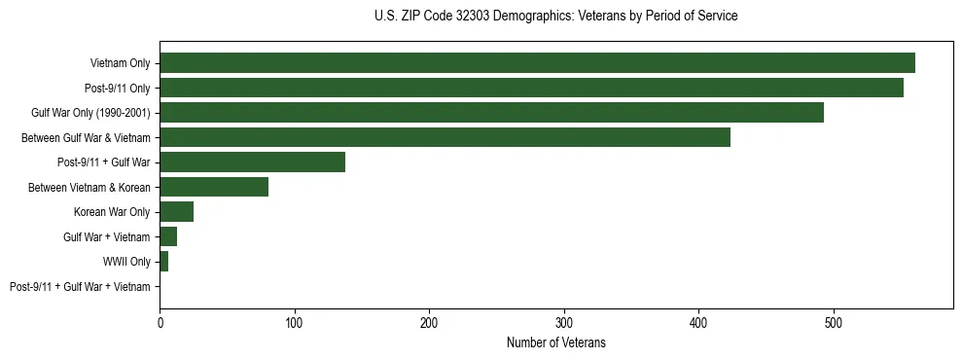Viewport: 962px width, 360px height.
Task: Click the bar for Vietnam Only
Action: click(x=537, y=63)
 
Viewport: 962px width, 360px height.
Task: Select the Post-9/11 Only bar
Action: click(x=531, y=88)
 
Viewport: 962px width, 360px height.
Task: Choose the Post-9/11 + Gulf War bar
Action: click(x=252, y=162)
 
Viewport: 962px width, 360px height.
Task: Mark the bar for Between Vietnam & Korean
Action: click(x=214, y=187)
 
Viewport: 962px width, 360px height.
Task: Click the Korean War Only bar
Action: click(x=176, y=212)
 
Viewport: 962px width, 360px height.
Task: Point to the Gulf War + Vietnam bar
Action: click(x=168, y=236)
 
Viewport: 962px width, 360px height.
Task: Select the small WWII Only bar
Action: click(x=163, y=262)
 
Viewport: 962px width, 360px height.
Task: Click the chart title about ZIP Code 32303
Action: click(x=555, y=17)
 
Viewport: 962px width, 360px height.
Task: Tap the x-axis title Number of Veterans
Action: click(x=555, y=342)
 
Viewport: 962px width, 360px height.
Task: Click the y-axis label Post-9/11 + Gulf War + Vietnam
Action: click(x=80, y=287)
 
